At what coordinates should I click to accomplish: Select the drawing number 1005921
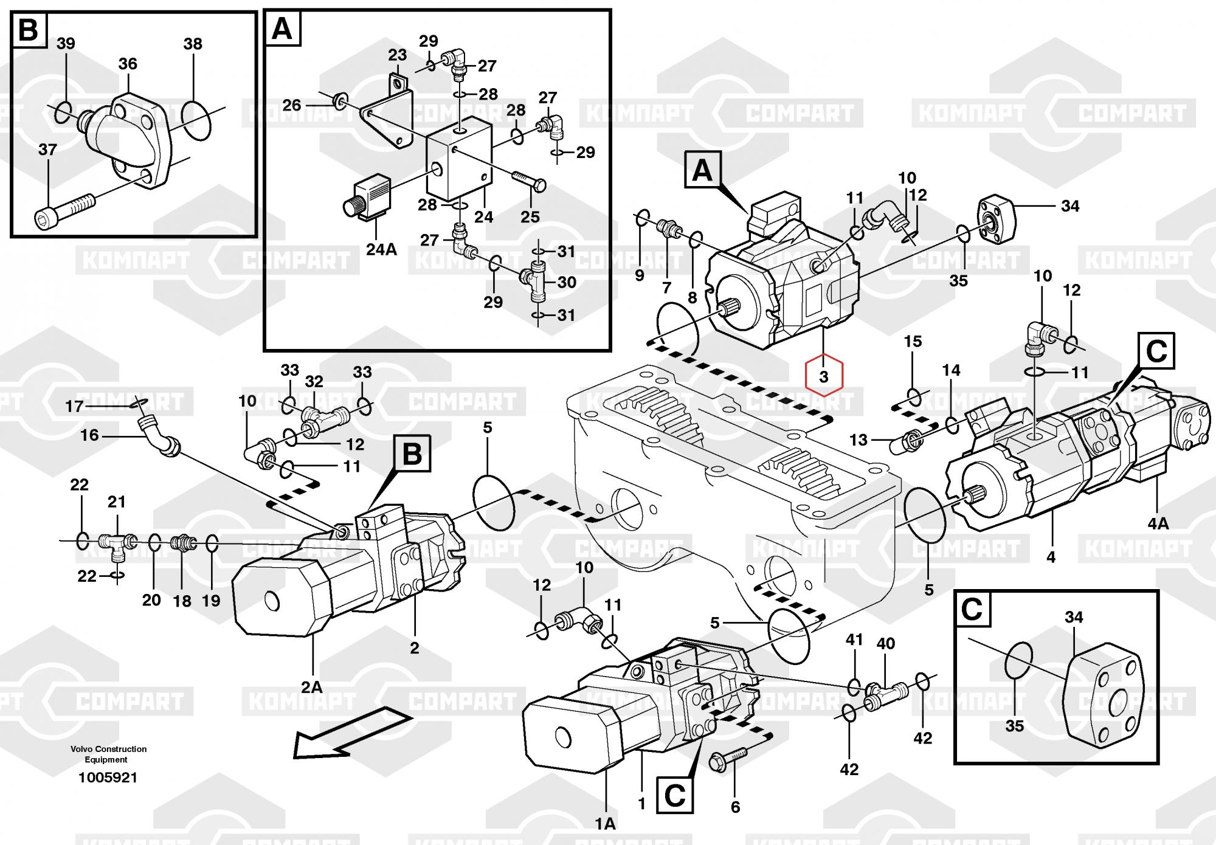(x=108, y=778)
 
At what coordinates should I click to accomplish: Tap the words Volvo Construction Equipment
(x=108, y=754)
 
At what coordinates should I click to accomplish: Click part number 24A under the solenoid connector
(x=381, y=249)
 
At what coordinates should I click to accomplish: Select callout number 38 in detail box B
(x=193, y=44)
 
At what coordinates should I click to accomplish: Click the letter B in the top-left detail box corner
(x=29, y=29)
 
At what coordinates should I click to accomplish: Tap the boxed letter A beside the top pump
(x=702, y=171)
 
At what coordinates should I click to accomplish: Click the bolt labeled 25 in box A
(x=528, y=181)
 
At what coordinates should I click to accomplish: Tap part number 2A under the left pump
(x=312, y=687)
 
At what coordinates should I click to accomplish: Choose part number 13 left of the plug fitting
(x=858, y=439)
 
